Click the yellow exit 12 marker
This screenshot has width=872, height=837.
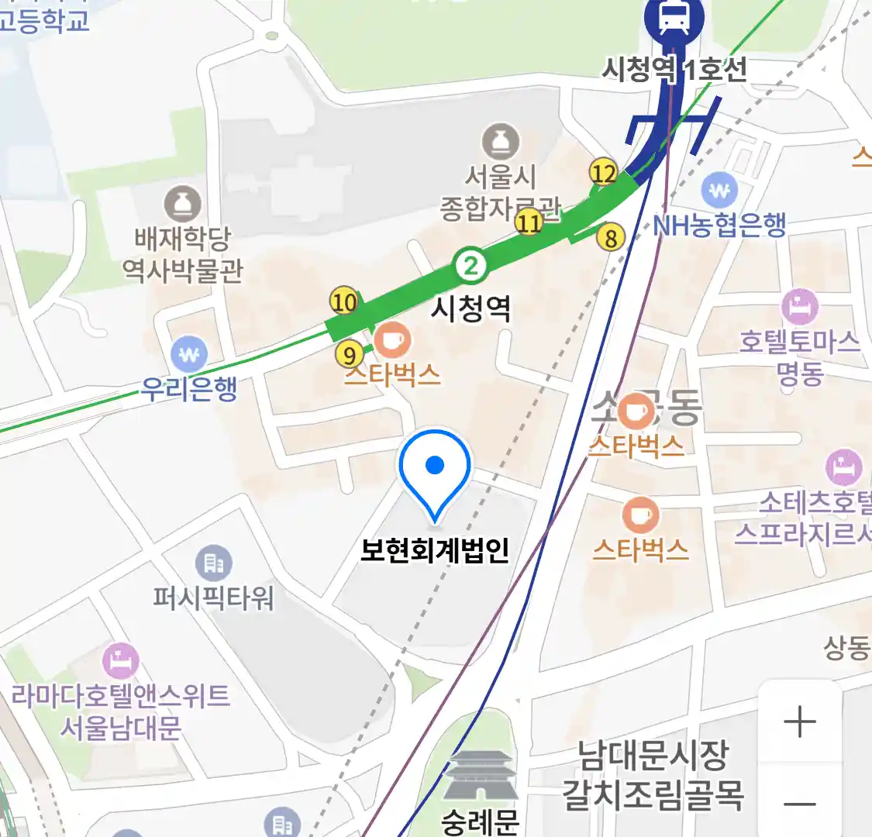[x=603, y=173]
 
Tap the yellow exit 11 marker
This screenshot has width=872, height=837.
[x=529, y=223]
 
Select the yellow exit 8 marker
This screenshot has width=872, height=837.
[x=611, y=238]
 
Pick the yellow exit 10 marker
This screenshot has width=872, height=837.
[x=344, y=301]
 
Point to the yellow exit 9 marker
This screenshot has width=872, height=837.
[x=350, y=355]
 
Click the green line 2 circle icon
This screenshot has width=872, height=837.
[x=470, y=266]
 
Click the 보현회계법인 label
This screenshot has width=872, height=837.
[x=435, y=550]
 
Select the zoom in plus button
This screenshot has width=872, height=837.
[x=800, y=722]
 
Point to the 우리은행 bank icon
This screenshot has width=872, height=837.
[x=189, y=354]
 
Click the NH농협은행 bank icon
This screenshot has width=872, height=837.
[x=720, y=190]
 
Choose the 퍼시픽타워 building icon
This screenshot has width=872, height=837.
[x=213, y=563]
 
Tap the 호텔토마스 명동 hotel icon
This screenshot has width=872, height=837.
[x=800, y=308]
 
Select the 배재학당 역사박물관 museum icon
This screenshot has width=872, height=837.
[x=182, y=204]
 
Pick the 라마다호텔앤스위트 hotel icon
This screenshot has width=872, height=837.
[x=120, y=661]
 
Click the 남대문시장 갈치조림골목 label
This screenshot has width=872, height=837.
[x=653, y=774]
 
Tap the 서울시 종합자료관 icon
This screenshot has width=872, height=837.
[x=501, y=142]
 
